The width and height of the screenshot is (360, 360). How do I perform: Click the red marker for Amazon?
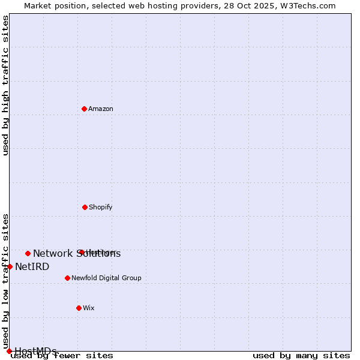tap(84, 109)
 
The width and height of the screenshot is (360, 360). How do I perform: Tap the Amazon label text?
tap(101, 109)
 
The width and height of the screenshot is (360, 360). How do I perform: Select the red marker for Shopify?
tap(85, 207)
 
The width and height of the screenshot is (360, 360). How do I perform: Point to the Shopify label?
tap(101, 208)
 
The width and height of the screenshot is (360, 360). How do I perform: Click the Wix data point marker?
tap(79, 308)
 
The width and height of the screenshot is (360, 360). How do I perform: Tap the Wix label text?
tap(89, 308)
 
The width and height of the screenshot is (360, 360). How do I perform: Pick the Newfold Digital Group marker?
tap(67, 278)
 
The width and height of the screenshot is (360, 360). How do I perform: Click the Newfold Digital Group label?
tap(106, 278)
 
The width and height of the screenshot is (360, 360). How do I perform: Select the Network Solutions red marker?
tap(28, 253)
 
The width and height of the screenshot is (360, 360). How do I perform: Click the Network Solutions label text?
tap(77, 254)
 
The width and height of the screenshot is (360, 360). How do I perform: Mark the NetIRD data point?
tap(10, 266)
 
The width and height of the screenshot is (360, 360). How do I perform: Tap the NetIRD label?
tap(32, 267)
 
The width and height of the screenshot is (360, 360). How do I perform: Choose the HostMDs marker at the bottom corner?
tap(9, 351)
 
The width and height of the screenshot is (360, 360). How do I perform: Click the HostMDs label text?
tap(36, 352)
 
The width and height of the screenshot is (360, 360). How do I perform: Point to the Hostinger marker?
tap(81, 252)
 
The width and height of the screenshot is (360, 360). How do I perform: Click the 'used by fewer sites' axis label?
tap(62, 356)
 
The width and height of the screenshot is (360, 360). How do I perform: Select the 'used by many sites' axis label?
tap(301, 356)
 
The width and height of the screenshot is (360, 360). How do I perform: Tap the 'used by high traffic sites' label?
tap(5, 85)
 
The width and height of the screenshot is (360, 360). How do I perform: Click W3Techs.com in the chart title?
tap(308, 5)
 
